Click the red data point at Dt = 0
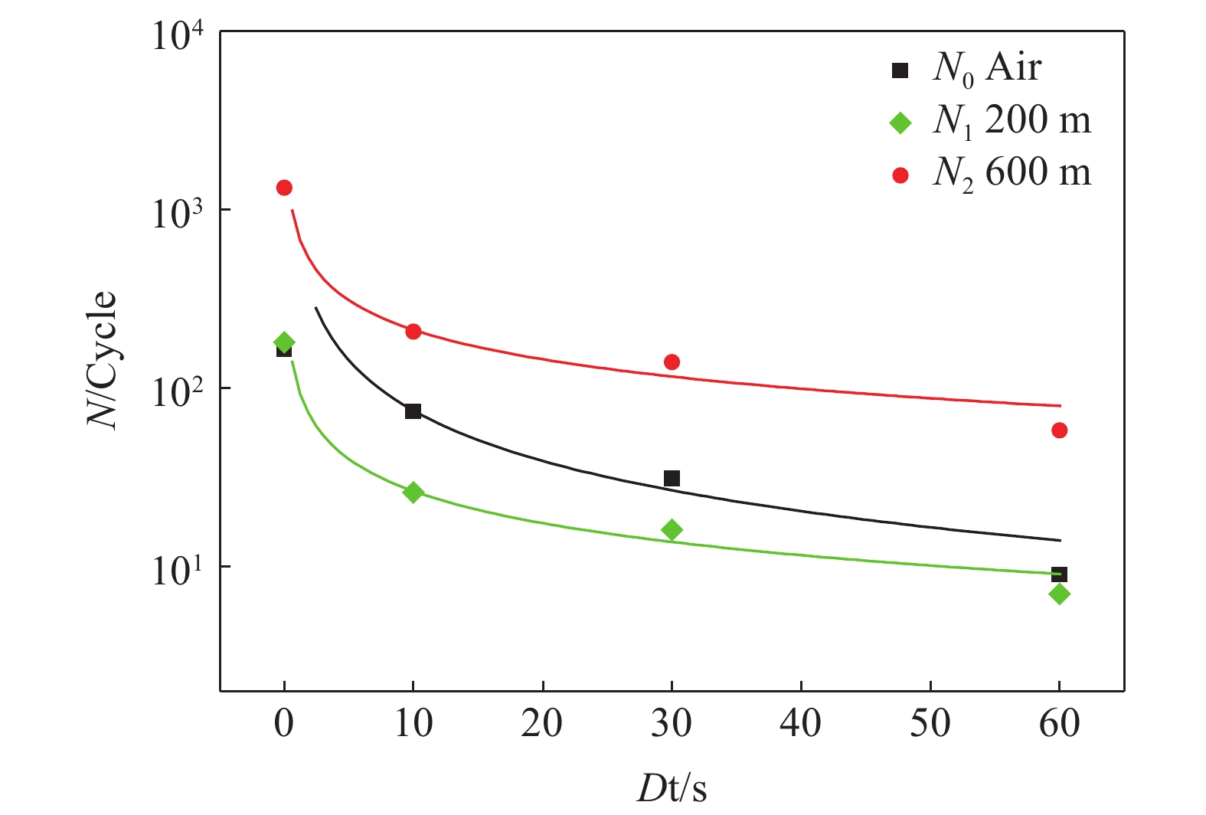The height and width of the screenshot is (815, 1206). click(284, 188)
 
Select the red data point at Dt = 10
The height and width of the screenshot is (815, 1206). click(413, 332)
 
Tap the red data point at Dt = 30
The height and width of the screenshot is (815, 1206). click(672, 362)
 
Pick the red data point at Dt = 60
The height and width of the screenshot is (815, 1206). click(1060, 430)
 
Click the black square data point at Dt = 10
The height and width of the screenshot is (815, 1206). click(413, 411)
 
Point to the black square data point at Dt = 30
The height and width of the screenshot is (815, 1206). click(672, 479)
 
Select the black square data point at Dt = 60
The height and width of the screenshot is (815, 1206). click(1060, 574)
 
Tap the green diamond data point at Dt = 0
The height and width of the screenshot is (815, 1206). click(284, 342)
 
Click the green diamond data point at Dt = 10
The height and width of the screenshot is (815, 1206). click(413, 492)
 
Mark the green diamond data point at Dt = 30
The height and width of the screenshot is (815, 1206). click(672, 530)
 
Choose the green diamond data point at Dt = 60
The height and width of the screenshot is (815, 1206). click(1060, 594)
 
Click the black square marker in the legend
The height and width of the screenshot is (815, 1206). click(900, 70)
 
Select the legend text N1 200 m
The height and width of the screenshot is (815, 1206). click(1012, 121)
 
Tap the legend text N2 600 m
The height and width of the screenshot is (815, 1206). click(1012, 173)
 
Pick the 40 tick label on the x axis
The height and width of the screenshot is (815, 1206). click(800, 723)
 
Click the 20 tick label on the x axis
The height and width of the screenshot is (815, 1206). click(542, 723)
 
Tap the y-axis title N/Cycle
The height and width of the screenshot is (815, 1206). click(102, 360)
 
